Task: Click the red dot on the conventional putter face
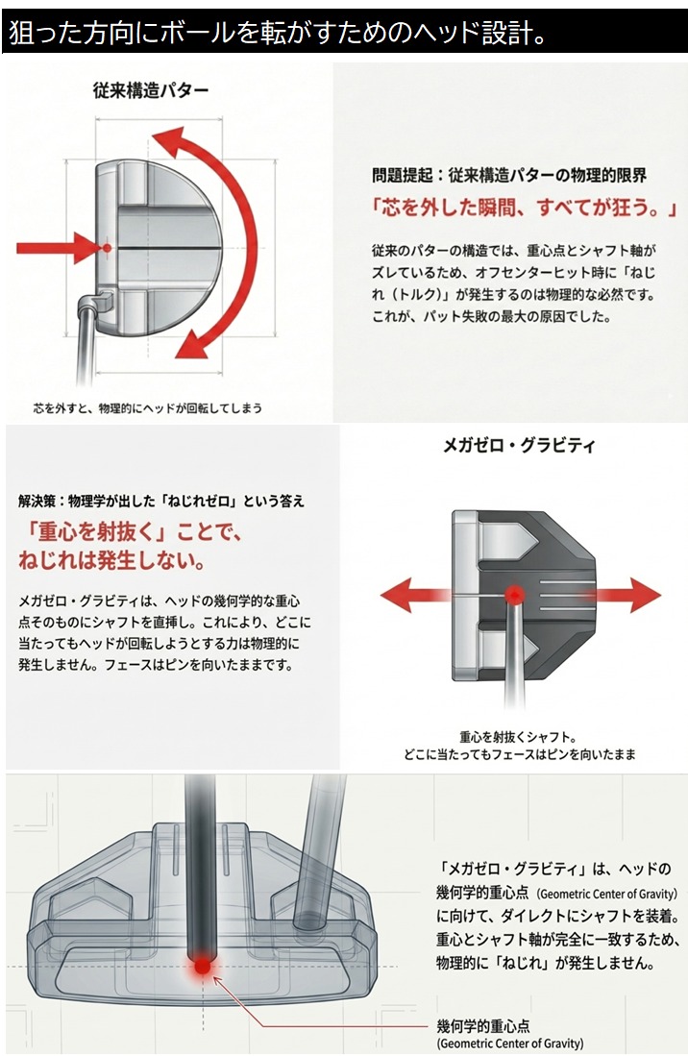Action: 107,248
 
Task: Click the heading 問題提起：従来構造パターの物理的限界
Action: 509,176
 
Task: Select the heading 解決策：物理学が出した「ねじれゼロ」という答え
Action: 161,501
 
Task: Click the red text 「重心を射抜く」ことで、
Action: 133,533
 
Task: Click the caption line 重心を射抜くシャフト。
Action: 517,736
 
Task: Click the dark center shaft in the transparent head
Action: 200,865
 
